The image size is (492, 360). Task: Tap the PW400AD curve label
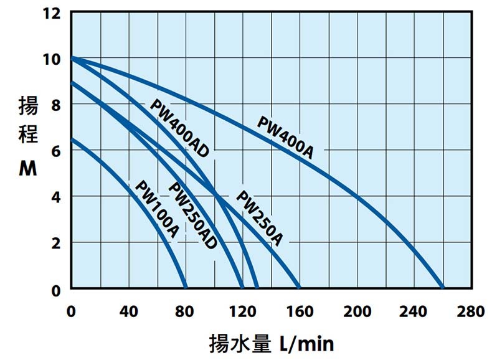pos(179,128)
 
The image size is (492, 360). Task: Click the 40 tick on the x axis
pos(128,311)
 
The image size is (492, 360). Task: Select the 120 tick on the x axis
pos(242,311)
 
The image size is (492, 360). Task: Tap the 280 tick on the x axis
pos(470,311)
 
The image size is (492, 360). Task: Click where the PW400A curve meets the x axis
pos(443,288)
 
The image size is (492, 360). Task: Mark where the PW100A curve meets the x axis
pos(186,288)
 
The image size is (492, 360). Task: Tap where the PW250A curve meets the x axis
pos(300,288)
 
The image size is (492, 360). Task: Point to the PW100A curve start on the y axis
pos(72,139)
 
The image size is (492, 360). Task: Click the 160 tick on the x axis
pos(300,311)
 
